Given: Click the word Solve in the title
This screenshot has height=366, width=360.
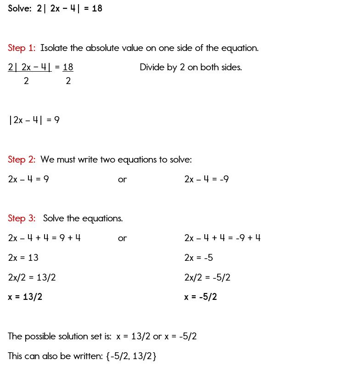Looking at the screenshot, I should click(19, 8).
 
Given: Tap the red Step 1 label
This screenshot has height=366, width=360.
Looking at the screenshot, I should click(22, 48).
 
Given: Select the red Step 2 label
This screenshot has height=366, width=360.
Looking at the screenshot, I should click(22, 159).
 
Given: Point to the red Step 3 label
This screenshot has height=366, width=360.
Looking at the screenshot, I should click(22, 218).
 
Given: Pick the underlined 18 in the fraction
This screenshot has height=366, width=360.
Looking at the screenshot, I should click(68, 68).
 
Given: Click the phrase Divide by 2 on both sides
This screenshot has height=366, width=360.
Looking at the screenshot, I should click(191, 68).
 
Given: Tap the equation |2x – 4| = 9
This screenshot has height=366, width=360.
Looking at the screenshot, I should click(34, 120).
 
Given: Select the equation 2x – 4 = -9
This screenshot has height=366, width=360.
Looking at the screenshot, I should click(206, 179).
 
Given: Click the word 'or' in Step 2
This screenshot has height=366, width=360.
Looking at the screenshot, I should click(122, 180).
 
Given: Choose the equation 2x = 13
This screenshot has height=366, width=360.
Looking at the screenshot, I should click(23, 258).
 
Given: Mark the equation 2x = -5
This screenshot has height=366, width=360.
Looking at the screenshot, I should click(198, 258).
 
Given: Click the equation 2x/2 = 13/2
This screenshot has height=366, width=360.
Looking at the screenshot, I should click(32, 277).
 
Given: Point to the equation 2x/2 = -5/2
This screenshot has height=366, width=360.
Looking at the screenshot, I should click(207, 277).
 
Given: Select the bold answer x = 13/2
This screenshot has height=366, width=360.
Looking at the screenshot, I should click(25, 297).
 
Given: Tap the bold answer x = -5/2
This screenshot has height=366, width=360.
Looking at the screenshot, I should click(201, 297).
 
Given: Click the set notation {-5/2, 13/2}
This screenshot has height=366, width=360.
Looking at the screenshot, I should click(131, 356).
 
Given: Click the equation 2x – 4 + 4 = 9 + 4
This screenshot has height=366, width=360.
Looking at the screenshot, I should click(45, 238).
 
